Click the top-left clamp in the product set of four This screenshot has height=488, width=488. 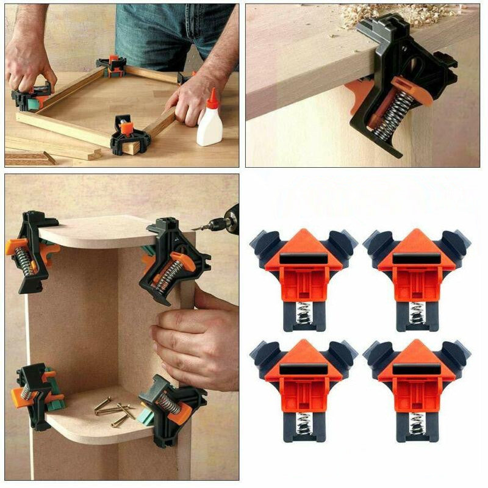(304, 278)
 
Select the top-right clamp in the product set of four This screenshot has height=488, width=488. (417, 278)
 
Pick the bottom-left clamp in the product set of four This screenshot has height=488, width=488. (304, 387)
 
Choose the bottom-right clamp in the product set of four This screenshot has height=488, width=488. (417, 387)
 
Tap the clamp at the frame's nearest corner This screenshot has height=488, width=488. (129, 135)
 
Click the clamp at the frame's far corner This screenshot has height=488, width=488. (111, 65)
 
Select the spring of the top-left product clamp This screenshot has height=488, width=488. (303, 314)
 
